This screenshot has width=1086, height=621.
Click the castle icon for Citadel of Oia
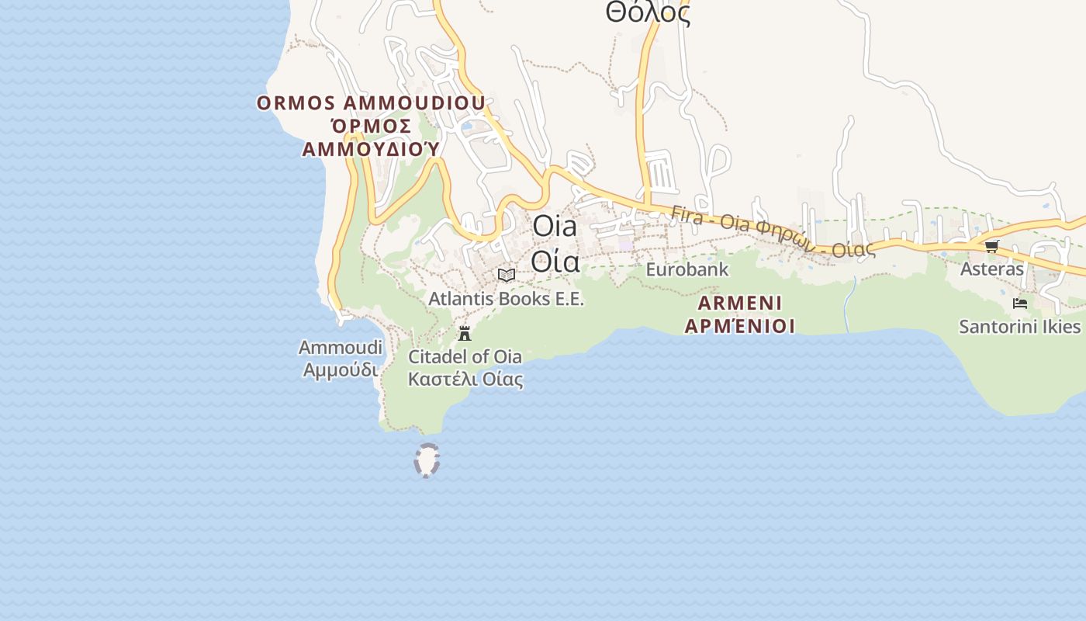tap(465, 334)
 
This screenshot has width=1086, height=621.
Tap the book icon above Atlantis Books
tap(507, 275)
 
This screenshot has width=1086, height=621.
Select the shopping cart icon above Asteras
tap(991, 247)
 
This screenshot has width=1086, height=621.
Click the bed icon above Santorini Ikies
tap(1020, 304)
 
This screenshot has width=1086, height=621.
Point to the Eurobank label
tap(687, 269)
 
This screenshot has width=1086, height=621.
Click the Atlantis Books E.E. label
tap(506, 298)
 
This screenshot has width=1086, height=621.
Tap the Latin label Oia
tap(555, 227)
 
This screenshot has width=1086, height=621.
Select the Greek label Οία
tap(555, 262)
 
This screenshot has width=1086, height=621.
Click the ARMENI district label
tap(739, 303)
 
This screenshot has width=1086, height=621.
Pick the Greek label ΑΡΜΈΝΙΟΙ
tap(739, 326)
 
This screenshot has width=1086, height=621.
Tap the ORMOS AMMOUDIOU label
tap(371, 103)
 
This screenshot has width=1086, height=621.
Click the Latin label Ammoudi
tap(341, 347)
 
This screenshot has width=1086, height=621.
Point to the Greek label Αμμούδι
tap(341, 370)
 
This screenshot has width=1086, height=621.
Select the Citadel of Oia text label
tap(465, 357)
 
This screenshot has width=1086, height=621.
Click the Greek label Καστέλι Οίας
tap(465, 380)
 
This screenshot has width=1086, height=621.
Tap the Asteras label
tap(992, 269)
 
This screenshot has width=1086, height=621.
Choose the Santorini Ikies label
tap(1019, 326)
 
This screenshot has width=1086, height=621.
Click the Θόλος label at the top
tap(648, 12)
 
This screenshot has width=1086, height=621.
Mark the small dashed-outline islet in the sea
tap(427, 460)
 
